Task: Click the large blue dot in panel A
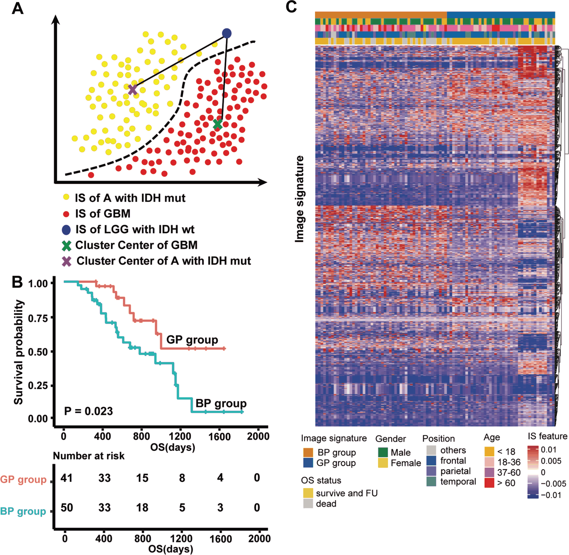click(x=226, y=33)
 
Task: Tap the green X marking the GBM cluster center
click(x=217, y=124)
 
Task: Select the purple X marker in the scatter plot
click(x=132, y=90)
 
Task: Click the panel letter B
click(x=17, y=282)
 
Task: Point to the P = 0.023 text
click(x=88, y=411)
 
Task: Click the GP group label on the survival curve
click(x=192, y=340)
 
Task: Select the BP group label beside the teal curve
click(x=221, y=403)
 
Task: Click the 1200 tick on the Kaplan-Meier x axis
click(x=180, y=436)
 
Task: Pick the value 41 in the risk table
click(x=67, y=478)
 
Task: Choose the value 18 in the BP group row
click(x=142, y=508)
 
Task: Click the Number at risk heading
click(x=89, y=456)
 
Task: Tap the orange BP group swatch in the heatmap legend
click(x=308, y=452)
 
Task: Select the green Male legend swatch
click(x=383, y=452)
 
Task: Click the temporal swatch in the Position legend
click(x=431, y=482)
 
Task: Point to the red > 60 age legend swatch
click(x=489, y=483)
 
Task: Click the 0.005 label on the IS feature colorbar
click(x=551, y=461)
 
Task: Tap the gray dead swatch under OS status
click(x=308, y=503)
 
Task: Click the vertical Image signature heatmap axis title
click(x=299, y=199)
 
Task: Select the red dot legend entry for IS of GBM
click(x=66, y=214)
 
